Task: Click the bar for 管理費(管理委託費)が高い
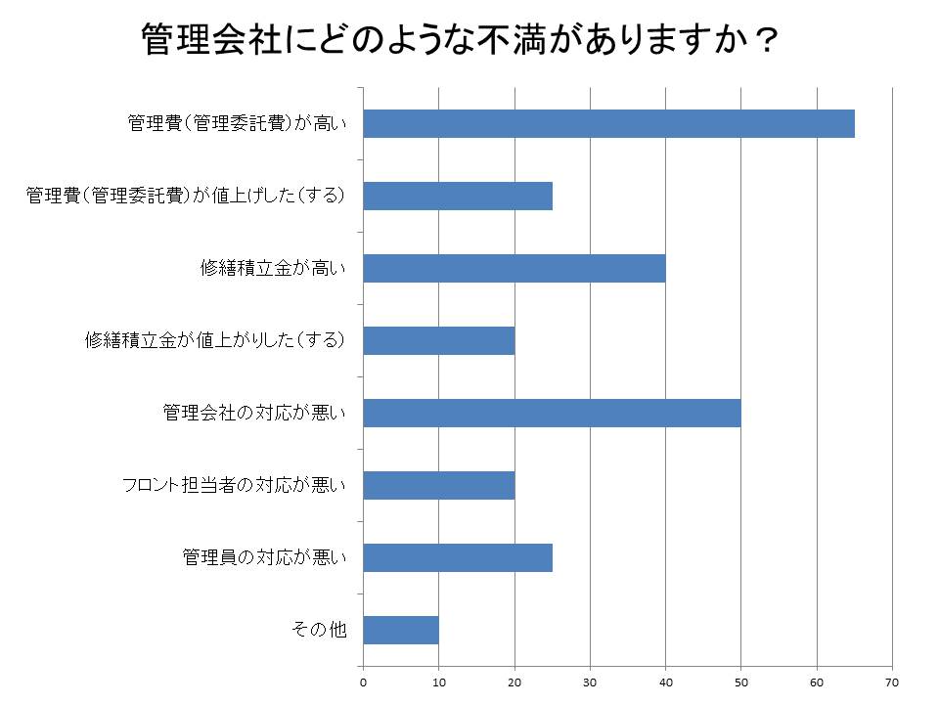coord(608,124)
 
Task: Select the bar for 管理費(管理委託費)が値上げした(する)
coord(458,197)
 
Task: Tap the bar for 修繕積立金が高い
coord(514,268)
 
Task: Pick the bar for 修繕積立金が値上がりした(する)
coord(439,340)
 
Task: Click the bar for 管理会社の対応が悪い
coord(552,413)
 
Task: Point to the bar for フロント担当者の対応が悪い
coord(439,485)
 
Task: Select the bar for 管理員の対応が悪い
coord(458,557)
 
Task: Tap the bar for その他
coord(401,630)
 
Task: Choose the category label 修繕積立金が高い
coord(273,269)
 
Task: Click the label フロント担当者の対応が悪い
coord(234,485)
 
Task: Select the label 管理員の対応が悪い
coord(264,557)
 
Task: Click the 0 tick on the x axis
coord(364,682)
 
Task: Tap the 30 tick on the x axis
coord(590,682)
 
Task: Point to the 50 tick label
coord(740,682)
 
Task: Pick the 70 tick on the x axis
coord(891,682)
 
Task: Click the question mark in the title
coord(764,41)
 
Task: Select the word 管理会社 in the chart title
coord(211,41)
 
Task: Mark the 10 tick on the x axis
coord(439,682)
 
